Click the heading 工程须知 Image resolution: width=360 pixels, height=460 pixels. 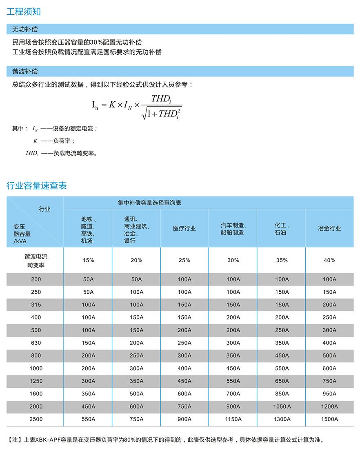(x=24, y=11)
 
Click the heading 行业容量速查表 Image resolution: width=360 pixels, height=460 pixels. (x=36, y=186)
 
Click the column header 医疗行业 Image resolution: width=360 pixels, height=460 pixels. (x=184, y=228)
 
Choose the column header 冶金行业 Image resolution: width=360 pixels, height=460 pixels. (x=329, y=228)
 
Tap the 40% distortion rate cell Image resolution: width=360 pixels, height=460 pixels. (x=329, y=260)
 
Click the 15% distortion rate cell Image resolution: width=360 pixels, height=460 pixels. (x=88, y=260)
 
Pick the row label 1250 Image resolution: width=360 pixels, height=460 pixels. (x=36, y=381)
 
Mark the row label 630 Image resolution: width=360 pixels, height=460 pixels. (x=36, y=343)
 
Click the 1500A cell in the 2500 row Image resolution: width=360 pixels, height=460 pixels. (x=329, y=419)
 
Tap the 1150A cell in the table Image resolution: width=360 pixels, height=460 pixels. (x=233, y=419)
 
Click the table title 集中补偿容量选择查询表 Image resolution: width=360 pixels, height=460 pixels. (x=149, y=203)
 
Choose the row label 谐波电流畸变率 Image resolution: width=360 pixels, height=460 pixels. (x=36, y=261)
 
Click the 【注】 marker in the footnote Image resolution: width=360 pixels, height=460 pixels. (x=15, y=440)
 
